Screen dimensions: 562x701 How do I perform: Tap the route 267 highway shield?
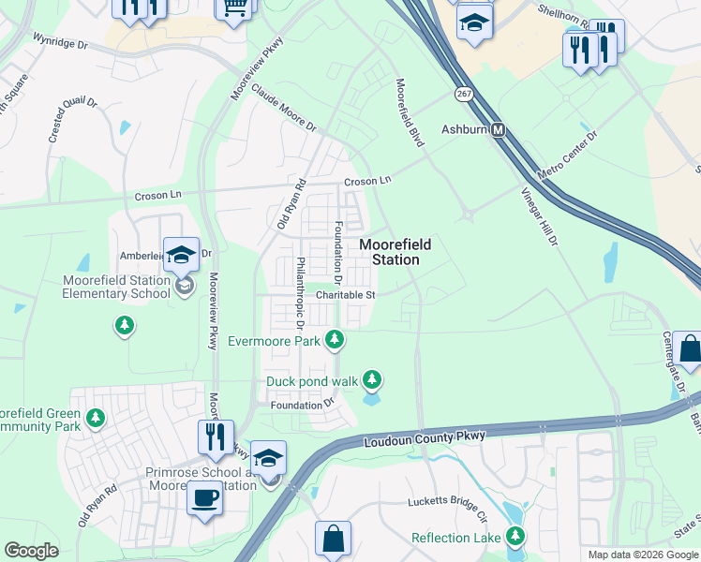click(x=464, y=94)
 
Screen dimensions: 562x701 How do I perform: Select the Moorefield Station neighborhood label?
click(x=395, y=252)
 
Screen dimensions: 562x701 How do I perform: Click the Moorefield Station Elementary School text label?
click(x=116, y=287)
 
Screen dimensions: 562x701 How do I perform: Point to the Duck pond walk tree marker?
click(x=373, y=379)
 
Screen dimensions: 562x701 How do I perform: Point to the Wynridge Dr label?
click(x=60, y=42)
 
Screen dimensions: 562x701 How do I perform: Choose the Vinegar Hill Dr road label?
click(x=539, y=215)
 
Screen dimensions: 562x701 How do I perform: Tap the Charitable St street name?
click(x=345, y=294)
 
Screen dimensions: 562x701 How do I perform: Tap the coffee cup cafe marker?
click(x=203, y=497)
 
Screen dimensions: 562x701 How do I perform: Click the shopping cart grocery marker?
click(x=235, y=7)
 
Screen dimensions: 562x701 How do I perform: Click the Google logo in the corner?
click(x=31, y=551)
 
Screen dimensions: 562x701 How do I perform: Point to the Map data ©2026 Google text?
click(x=643, y=555)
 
